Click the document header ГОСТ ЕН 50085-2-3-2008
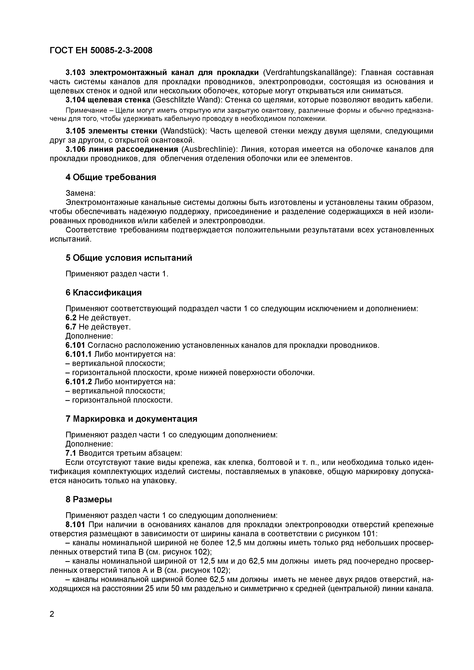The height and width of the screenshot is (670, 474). [101, 51]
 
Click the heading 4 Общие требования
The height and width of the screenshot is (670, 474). [111, 177]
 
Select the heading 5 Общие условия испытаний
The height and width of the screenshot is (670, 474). [129, 258]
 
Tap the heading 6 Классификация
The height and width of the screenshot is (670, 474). [104, 292]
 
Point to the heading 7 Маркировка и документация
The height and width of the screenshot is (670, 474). [131, 419]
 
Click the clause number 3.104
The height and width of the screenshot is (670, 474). [75, 100]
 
